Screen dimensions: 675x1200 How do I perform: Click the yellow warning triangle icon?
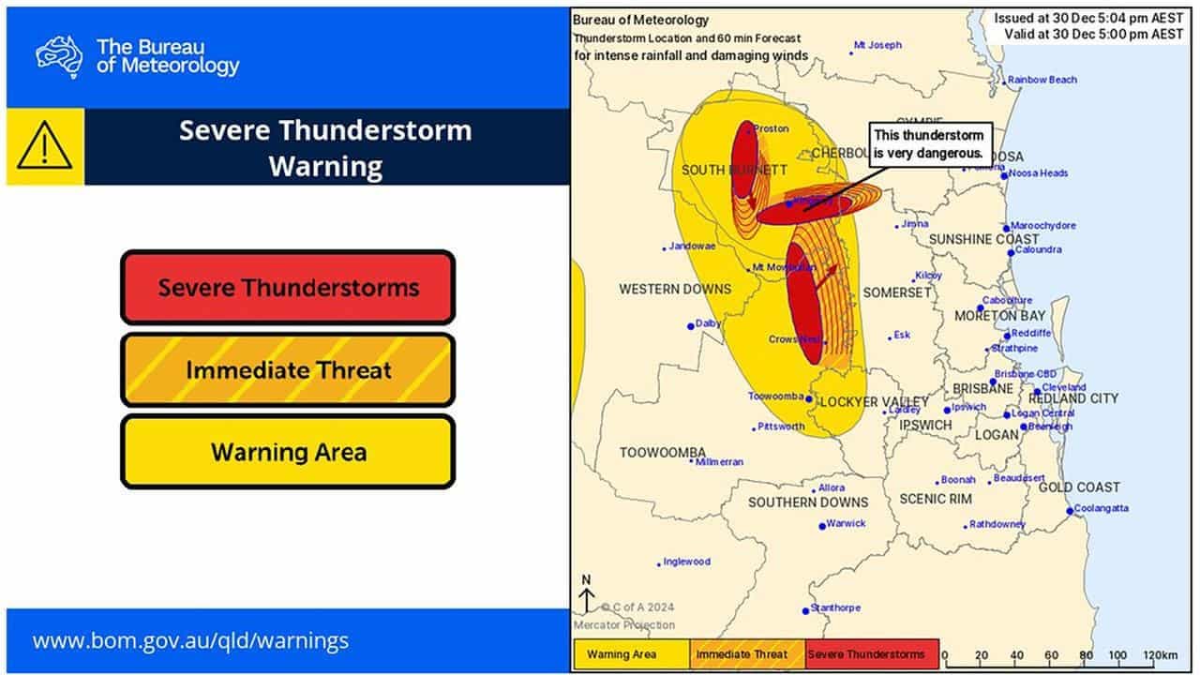44,146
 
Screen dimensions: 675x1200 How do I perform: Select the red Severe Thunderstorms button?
288,287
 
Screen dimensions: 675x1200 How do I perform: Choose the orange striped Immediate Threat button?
288,369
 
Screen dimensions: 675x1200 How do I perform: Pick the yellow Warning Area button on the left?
288,452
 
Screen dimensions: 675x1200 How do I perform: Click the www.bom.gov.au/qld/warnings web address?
190,641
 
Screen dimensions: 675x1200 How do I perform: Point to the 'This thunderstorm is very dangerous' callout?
927,143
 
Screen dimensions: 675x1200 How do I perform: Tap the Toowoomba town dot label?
775,397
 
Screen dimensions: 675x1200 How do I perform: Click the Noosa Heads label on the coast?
1038,173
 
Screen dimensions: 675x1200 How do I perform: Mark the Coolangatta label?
1101,508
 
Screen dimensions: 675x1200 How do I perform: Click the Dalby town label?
708,323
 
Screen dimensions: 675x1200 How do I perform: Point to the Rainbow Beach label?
1042,81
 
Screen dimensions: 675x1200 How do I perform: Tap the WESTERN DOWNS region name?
661,290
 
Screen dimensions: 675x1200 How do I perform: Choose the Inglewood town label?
686,562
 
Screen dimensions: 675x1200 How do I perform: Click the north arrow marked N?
586,594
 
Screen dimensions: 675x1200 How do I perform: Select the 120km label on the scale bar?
1161,655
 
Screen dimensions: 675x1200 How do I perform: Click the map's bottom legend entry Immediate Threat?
747,654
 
